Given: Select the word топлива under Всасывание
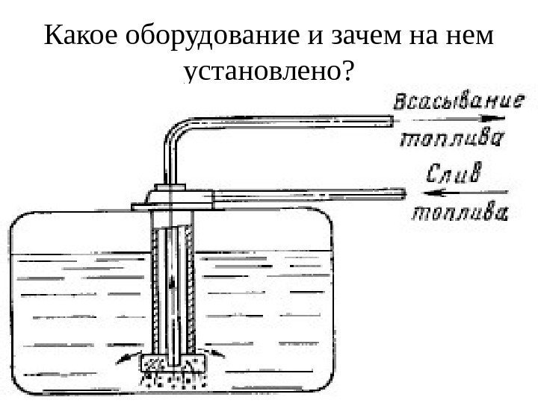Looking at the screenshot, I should tap(453, 139).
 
